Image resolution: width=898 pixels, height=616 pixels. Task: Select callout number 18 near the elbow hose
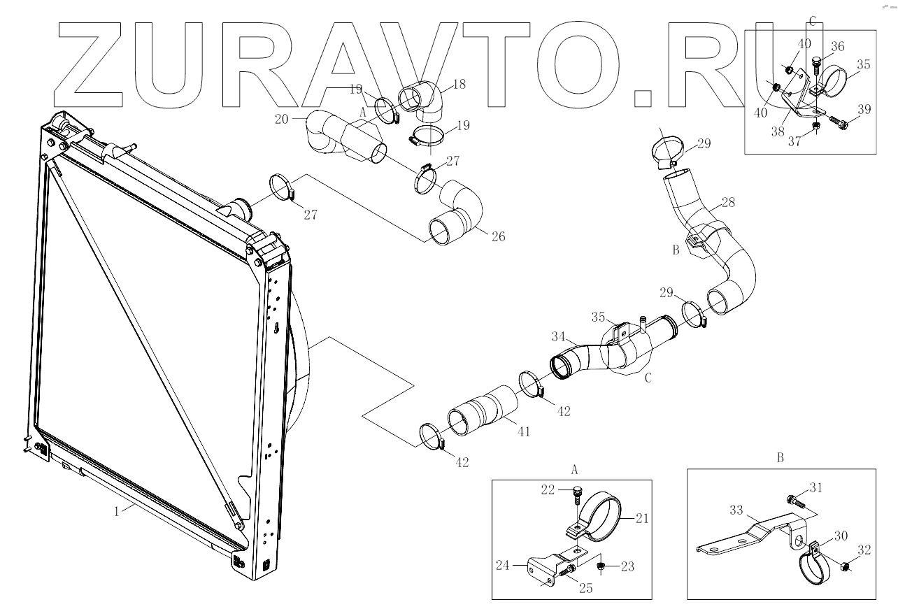point(459,83)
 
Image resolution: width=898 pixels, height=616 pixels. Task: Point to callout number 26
point(498,236)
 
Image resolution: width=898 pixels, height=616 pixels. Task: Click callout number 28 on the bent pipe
point(727,203)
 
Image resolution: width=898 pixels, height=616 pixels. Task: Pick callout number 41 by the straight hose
point(523,432)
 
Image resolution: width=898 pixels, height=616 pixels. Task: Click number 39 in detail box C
point(865,109)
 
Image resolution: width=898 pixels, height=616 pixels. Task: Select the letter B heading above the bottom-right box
point(780,458)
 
